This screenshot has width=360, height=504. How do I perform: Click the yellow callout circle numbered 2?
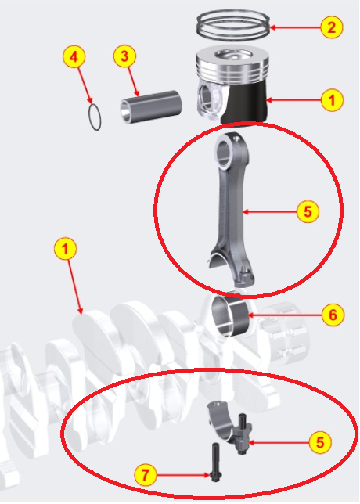click(332, 27)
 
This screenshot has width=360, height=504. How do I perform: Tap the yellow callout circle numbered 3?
click(124, 56)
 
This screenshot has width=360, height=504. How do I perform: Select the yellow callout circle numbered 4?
click(74, 57)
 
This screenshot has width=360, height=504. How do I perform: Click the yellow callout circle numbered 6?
click(333, 315)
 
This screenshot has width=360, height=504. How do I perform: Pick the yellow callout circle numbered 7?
click(146, 474)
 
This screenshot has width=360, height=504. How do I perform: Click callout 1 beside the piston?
click(332, 100)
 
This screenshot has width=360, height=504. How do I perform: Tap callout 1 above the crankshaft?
click(66, 248)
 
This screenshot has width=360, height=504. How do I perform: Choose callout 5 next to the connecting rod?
click(308, 211)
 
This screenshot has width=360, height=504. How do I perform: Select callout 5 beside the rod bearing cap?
click(320, 442)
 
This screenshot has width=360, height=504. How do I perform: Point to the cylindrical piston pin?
click(151, 107)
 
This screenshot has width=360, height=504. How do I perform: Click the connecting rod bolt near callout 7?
click(214, 463)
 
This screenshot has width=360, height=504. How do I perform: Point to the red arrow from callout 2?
click(296, 27)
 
